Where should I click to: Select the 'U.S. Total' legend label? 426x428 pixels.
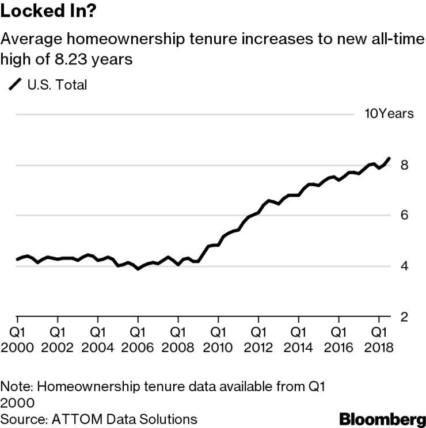point(57,86)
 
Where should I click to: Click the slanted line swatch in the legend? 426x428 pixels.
point(14,86)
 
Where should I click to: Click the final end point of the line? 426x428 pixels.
point(390,158)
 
